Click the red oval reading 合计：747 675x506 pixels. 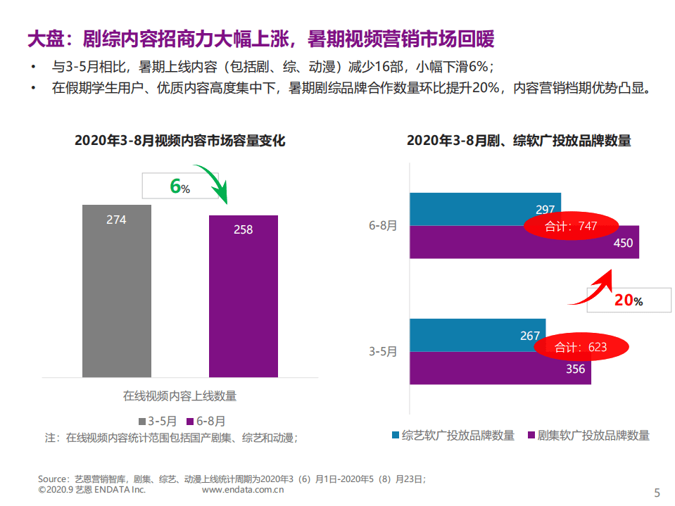click(x=571, y=226)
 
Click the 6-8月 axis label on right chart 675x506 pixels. click(x=383, y=225)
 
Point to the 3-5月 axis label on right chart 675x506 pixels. click(x=383, y=351)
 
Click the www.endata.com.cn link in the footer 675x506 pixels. click(x=243, y=489)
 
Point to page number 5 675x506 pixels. click(x=657, y=492)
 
